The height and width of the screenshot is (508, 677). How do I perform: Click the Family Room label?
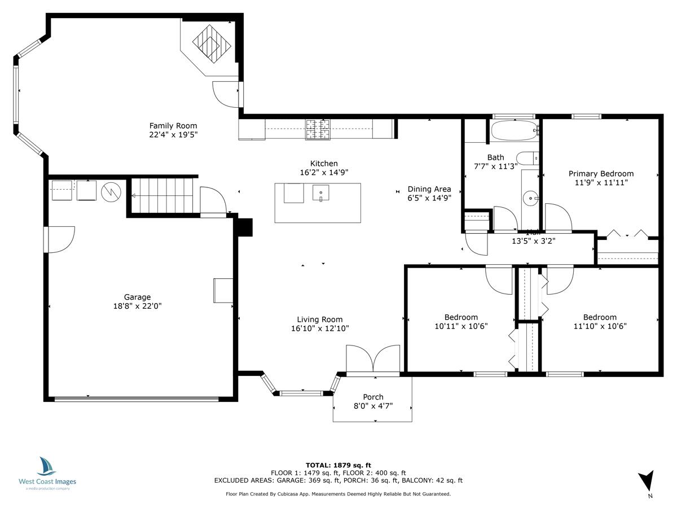pos(173,125)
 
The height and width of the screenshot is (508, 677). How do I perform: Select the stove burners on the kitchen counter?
pos(317,129)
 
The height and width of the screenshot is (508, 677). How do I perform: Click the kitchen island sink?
pos(321,193)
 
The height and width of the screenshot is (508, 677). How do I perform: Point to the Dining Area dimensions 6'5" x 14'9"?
pos(429,198)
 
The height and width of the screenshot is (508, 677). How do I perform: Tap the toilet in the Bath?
pos(529,159)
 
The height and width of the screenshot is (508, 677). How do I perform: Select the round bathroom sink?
pos(531,198)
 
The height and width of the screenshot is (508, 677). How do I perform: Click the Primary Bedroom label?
pos(601,174)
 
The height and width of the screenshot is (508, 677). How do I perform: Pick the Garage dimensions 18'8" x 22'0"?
pos(138,306)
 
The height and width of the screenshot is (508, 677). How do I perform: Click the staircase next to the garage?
pos(164,195)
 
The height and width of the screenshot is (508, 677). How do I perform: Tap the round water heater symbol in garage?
pos(111,192)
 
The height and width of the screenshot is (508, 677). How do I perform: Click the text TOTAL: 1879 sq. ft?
pos(338,465)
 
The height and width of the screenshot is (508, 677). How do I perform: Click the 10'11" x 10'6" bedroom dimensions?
pos(461,326)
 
